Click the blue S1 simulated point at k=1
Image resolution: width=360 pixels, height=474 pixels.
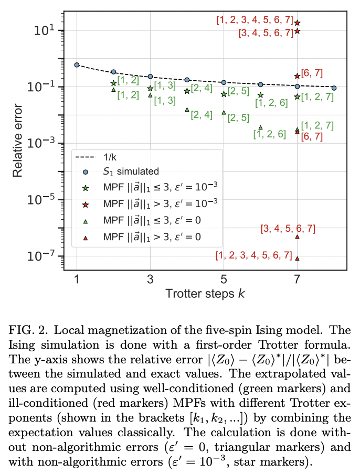click(x=77, y=65)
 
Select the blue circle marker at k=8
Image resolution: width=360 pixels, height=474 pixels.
click(x=334, y=88)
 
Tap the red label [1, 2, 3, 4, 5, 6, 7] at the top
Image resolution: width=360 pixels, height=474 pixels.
click(x=255, y=20)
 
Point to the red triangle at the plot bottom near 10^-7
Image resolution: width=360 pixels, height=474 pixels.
click(x=298, y=258)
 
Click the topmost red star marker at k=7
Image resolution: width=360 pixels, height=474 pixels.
click(x=298, y=23)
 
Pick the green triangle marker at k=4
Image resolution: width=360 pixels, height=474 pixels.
click(x=187, y=110)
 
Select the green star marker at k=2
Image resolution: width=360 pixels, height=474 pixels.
click(x=113, y=83)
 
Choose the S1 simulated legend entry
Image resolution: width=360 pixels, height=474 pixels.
click(x=130, y=171)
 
